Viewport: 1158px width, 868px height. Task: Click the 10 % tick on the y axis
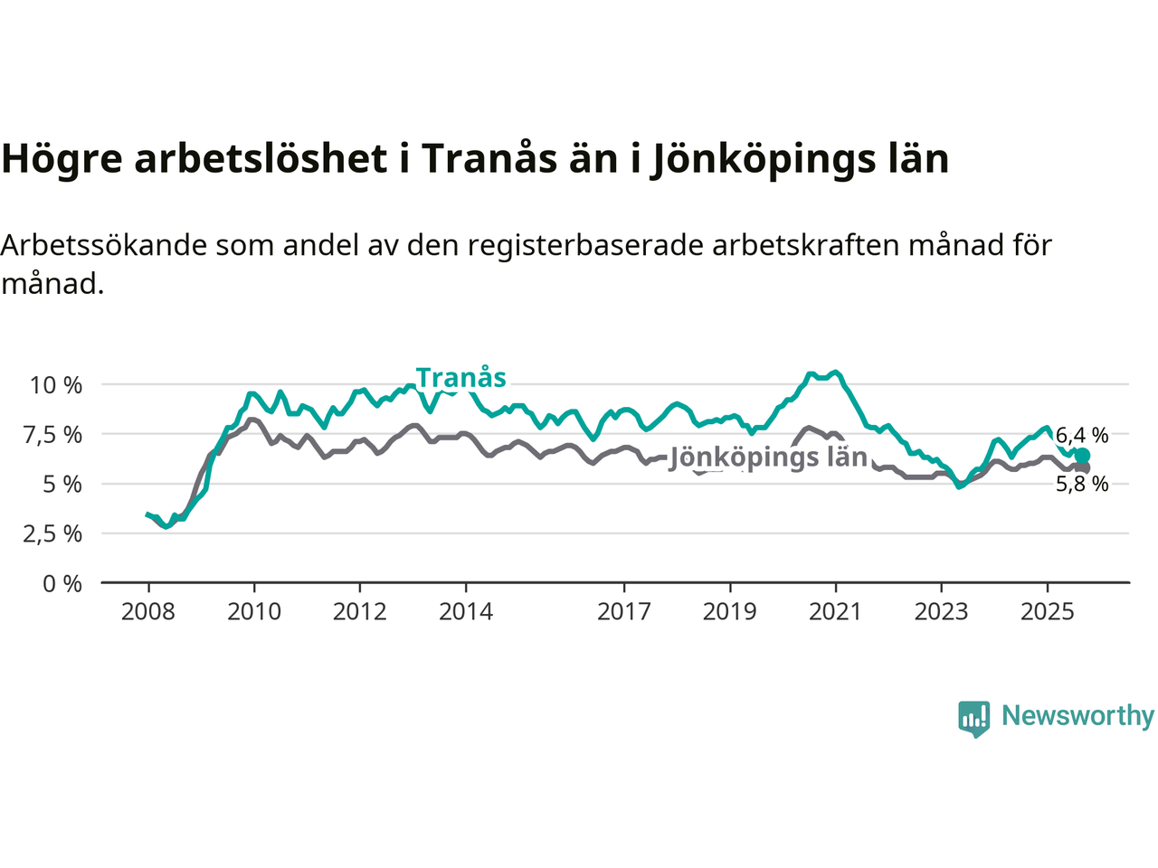click(x=56, y=385)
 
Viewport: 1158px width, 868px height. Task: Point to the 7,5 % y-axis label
click(x=56, y=435)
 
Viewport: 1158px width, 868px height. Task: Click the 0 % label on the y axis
click(x=62, y=584)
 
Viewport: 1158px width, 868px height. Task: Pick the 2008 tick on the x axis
click(x=148, y=612)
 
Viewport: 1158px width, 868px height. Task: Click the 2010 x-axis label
click(x=254, y=612)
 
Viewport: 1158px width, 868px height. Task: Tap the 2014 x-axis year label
click(x=466, y=612)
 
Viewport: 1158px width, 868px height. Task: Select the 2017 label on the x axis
click(x=624, y=612)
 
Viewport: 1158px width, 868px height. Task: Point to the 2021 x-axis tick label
click(x=835, y=612)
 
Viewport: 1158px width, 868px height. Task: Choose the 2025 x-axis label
click(x=1048, y=612)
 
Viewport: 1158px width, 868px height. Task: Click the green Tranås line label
click(x=460, y=378)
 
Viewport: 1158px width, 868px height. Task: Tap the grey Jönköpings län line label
click(x=768, y=458)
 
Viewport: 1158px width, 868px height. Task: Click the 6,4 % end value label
click(x=1082, y=436)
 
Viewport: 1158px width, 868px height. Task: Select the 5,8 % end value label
click(x=1082, y=485)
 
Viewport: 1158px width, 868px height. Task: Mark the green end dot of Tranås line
click(x=1082, y=456)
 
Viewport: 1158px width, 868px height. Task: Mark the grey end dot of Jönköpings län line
click(x=1082, y=467)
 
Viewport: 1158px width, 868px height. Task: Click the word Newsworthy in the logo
click(x=1077, y=716)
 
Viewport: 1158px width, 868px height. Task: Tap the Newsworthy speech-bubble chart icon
click(x=974, y=718)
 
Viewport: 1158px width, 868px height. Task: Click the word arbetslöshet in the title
click(x=261, y=159)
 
